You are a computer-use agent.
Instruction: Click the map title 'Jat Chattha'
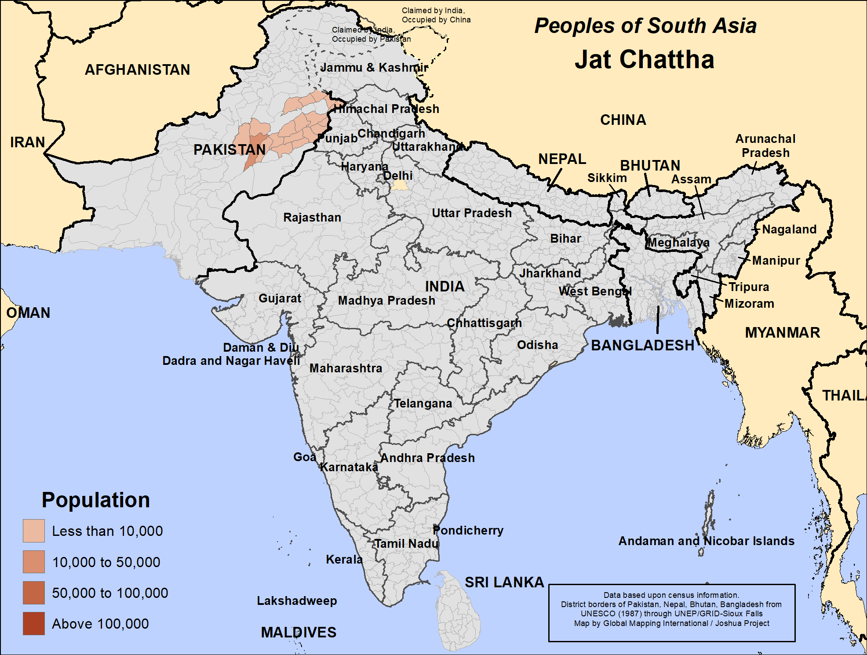[644, 59]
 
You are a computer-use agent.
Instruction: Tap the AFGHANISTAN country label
[137, 69]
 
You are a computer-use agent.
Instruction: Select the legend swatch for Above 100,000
[34, 623]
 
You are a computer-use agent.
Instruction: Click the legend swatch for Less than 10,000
[34, 531]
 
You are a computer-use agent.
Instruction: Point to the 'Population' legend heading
[96, 500]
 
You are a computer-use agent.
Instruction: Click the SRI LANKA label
[504, 582]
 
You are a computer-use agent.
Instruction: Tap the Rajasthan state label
[312, 217]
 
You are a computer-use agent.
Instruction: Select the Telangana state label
[423, 403]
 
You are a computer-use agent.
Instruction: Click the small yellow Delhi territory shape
[400, 186]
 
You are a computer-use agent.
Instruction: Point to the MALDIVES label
[299, 632]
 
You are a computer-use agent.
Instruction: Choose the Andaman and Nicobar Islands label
[706, 541]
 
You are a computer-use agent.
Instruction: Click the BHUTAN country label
[650, 165]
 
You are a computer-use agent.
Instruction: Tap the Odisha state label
[537, 345]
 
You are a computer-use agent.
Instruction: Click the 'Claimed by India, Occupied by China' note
[436, 15]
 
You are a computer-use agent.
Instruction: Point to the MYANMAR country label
[782, 332]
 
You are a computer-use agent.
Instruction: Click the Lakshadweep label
[297, 600]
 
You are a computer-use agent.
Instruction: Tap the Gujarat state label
[280, 298]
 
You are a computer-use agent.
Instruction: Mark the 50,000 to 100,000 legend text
[110, 593]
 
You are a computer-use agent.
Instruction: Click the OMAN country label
[28, 313]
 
